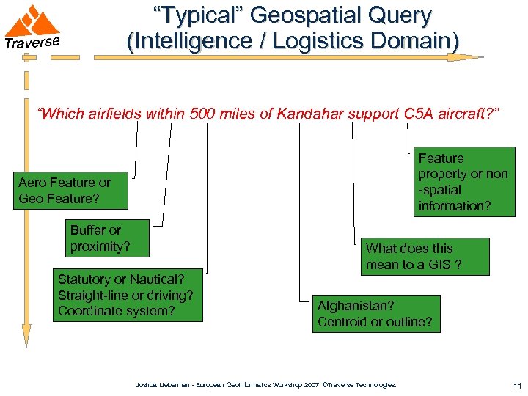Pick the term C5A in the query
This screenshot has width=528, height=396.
(x=422, y=114)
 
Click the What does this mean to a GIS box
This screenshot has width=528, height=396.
(x=415, y=257)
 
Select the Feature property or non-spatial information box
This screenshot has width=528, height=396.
(x=463, y=182)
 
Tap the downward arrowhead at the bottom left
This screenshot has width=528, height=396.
(x=26, y=335)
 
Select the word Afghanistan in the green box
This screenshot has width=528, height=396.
(x=356, y=305)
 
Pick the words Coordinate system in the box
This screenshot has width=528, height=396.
(x=117, y=311)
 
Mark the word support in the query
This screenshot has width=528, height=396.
(x=373, y=114)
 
